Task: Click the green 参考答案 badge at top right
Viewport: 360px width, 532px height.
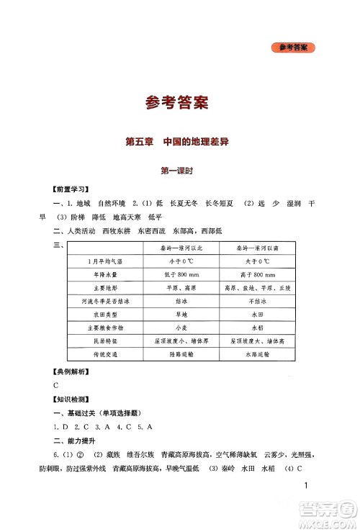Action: (295, 48)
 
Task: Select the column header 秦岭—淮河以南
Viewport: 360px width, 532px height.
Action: (261, 247)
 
